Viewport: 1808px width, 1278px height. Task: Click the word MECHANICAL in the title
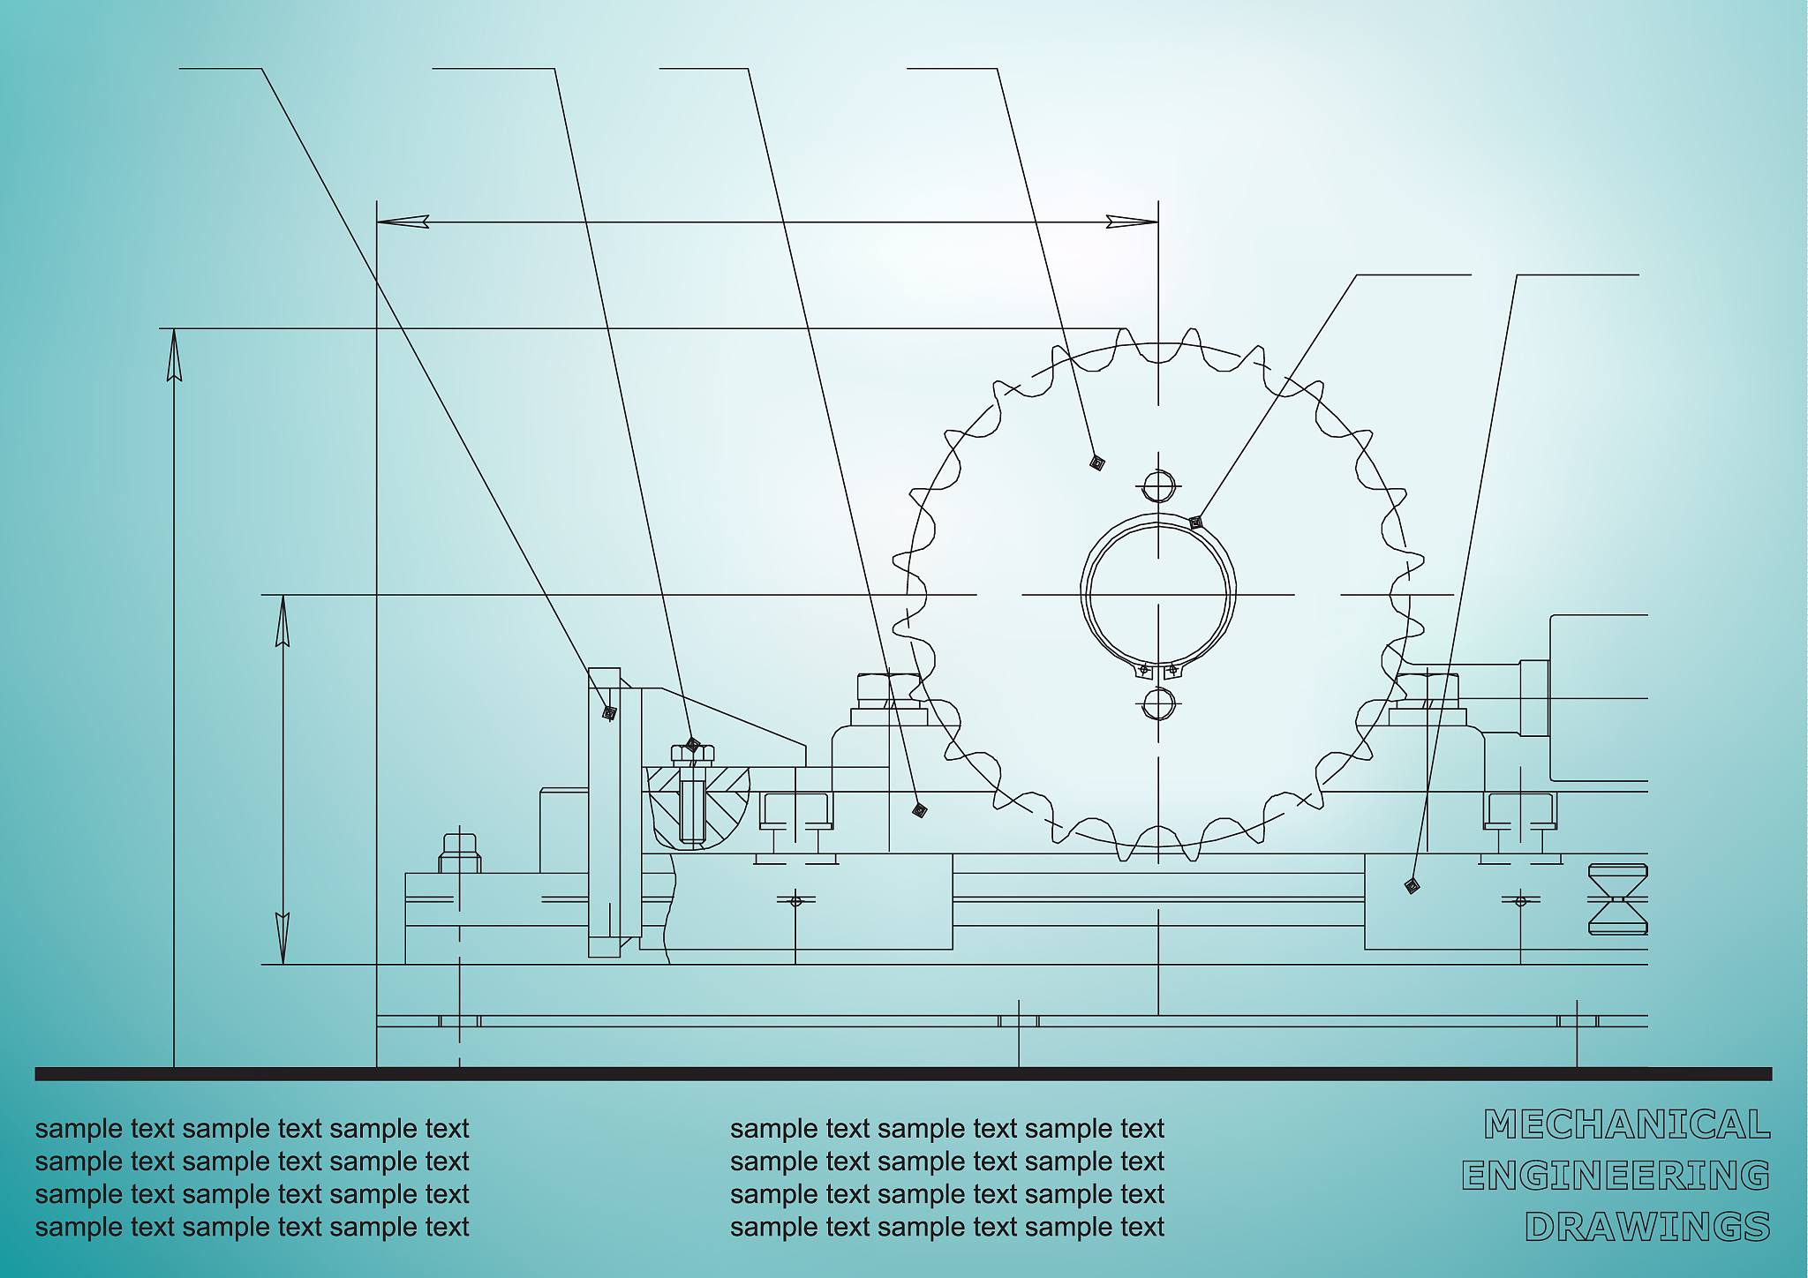coord(1627,1124)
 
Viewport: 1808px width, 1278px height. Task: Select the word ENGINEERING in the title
coord(1616,1176)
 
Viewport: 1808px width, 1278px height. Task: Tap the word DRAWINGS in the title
coord(1647,1227)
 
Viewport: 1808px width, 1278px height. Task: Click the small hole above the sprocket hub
coord(1158,486)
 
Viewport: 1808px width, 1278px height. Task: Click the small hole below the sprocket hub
coord(1158,703)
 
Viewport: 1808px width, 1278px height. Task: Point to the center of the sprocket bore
coord(1158,595)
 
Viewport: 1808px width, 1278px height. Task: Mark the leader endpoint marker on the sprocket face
coord(1097,462)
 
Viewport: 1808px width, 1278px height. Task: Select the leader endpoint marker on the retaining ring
coord(1195,522)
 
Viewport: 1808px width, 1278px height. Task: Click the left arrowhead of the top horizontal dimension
coord(403,222)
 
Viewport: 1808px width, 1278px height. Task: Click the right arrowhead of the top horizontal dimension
coord(1133,222)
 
